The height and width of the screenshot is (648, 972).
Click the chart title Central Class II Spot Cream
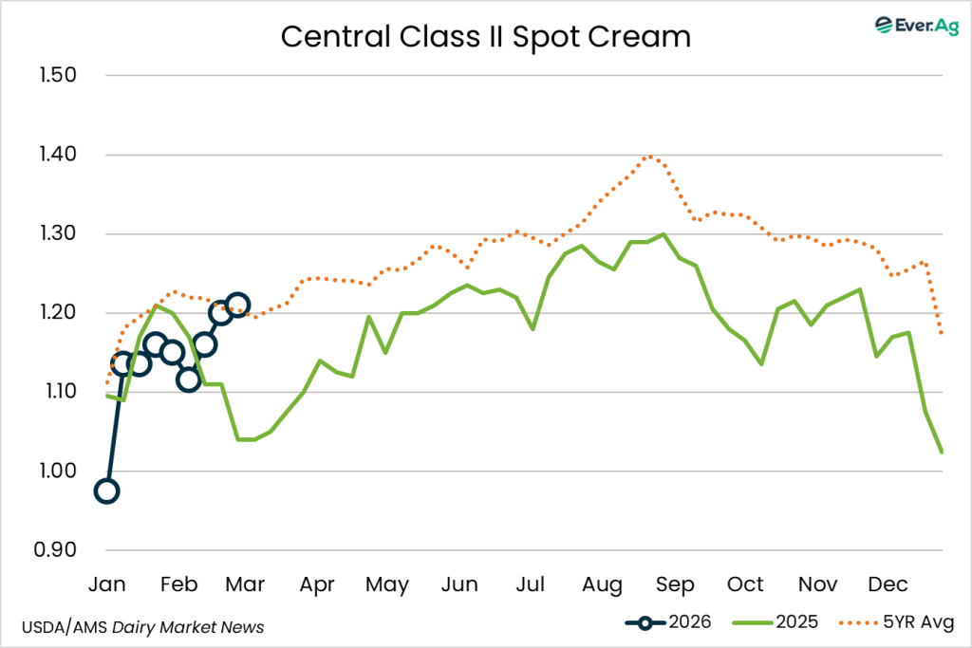click(x=485, y=37)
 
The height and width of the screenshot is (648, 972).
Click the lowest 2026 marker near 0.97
click(x=106, y=491)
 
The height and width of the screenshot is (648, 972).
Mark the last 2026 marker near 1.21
click(x=237, y=305)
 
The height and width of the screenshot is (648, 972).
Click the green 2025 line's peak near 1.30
click(x=663, y=233)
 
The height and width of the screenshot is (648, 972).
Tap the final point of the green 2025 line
click(x=942, y=453)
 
